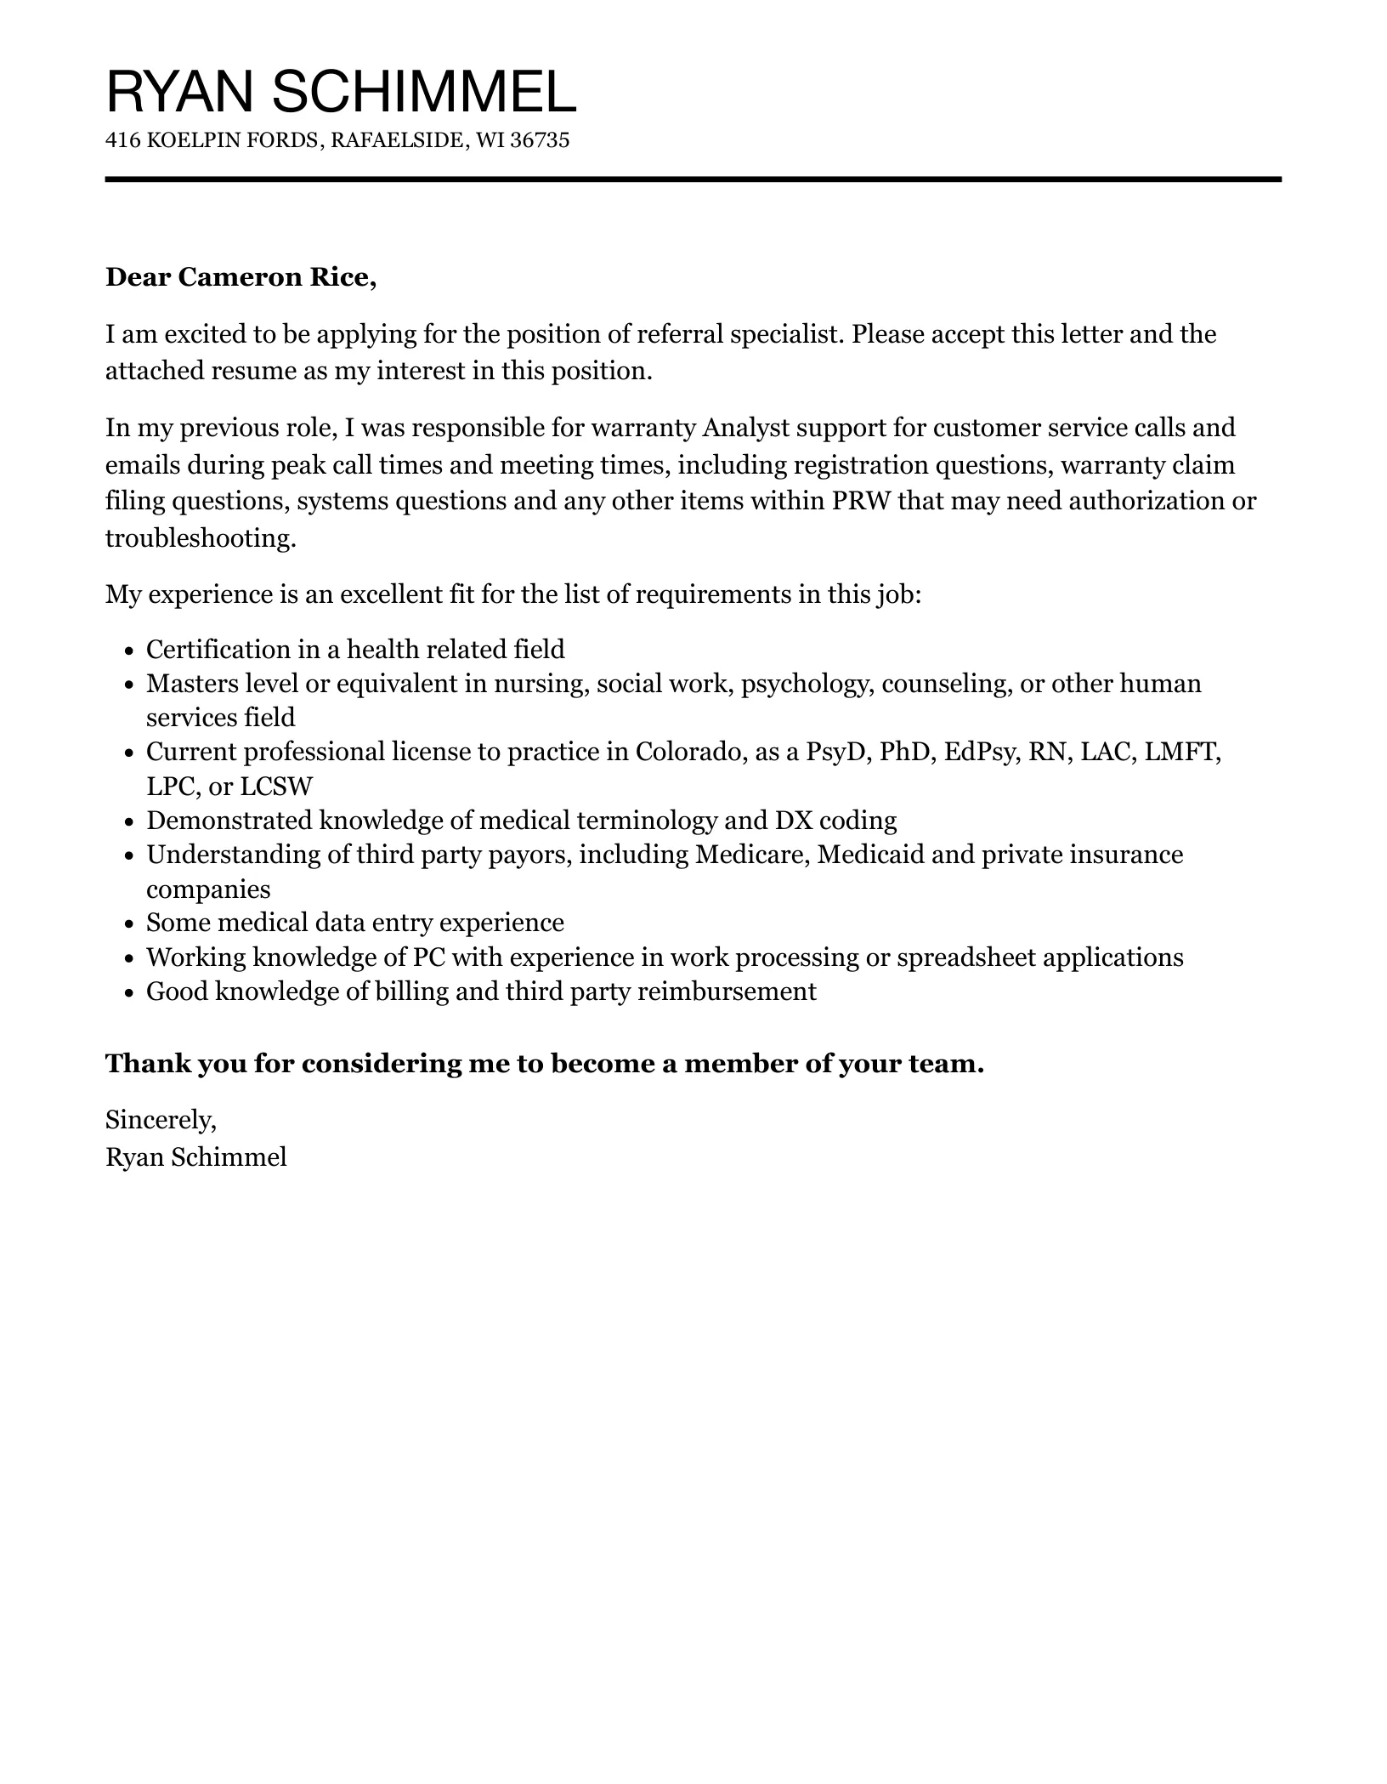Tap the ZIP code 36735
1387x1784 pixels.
(540, 140)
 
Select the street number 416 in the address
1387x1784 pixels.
(122, 140)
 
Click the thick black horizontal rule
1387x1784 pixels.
(693, 179)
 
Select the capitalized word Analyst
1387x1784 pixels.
(745, 427)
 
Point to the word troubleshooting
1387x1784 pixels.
(200, 537)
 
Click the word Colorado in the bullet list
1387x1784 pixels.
(688, 752)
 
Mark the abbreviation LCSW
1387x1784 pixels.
(276, 786)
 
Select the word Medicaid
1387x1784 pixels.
(869, 854)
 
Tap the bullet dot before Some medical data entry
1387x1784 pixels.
(129, 924)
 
